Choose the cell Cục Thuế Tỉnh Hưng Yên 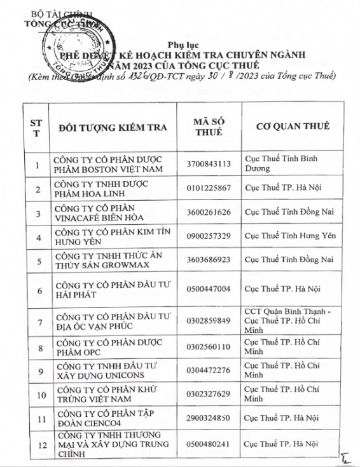[289, 236]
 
